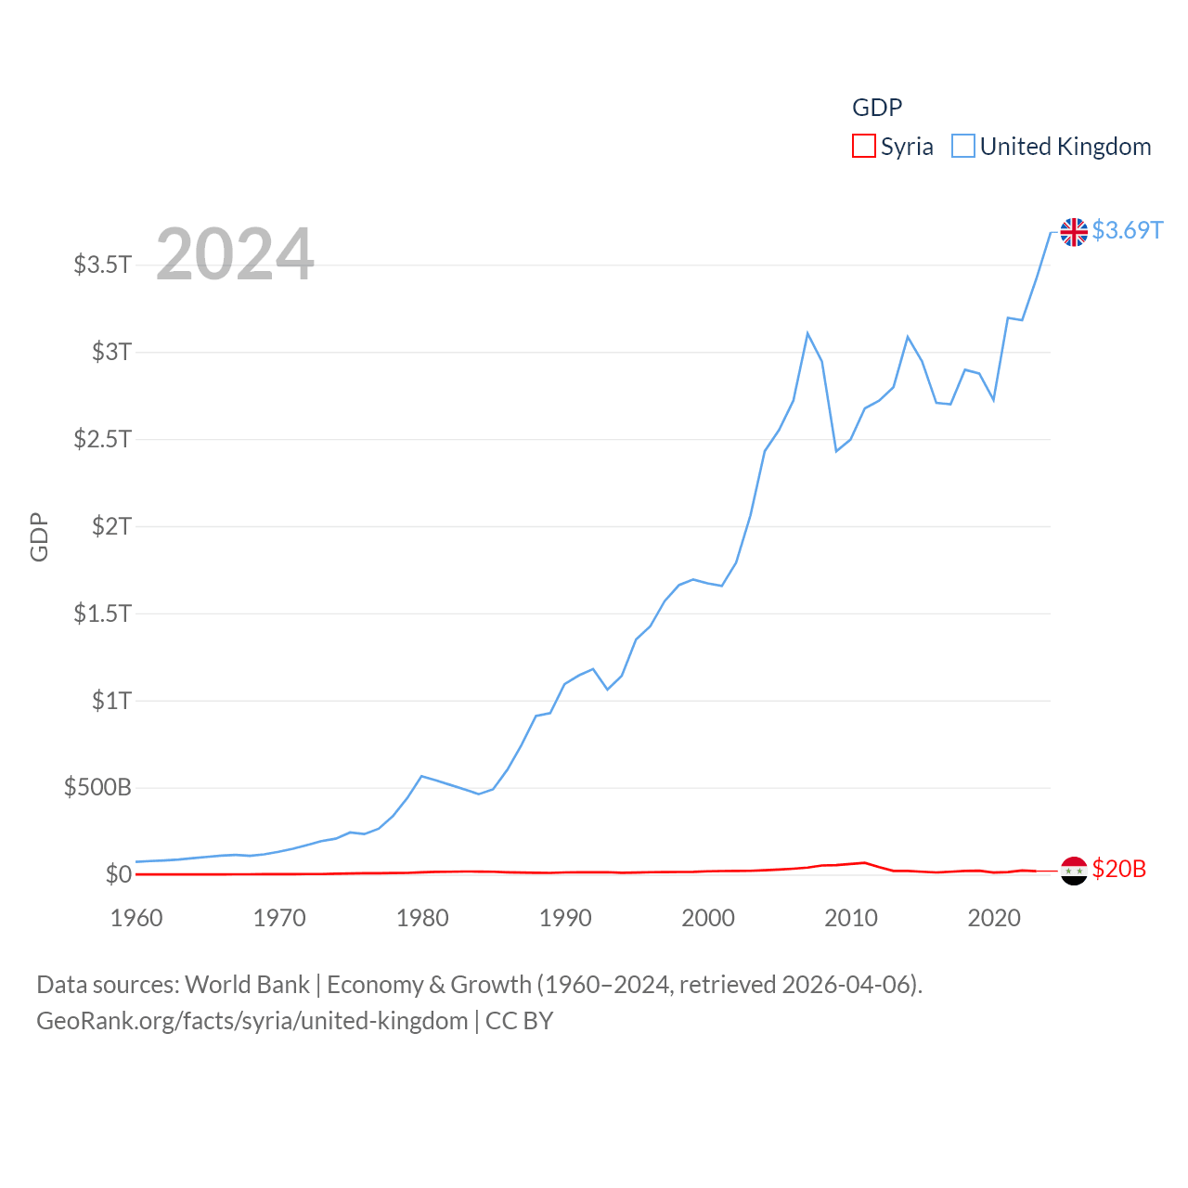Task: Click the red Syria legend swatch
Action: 863,147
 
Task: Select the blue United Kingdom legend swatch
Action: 963,147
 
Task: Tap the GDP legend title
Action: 877,108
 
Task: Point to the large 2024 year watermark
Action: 235,254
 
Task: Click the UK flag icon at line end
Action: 1074,232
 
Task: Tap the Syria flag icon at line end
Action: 1074,871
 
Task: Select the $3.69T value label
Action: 1127,230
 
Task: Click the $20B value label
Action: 1118,869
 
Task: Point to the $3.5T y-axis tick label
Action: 102,265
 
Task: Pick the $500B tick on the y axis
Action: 97,788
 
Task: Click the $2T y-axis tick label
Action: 111,526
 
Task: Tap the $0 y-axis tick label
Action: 118,874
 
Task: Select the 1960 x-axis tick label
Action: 136,918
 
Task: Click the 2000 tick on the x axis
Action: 708,918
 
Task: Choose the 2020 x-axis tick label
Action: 994,918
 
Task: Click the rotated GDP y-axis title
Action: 39,536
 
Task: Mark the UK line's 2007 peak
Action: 807,333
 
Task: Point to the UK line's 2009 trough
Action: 836,451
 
